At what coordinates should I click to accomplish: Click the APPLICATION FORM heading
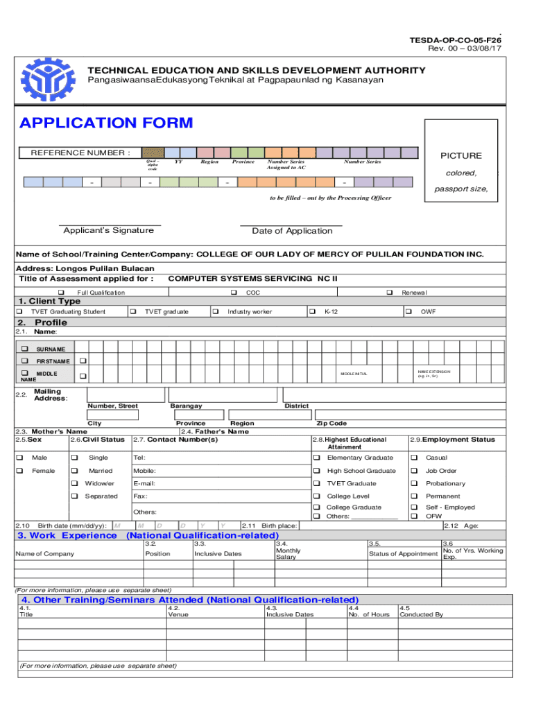tap(106, 123)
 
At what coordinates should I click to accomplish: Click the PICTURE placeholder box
tap(460, 160)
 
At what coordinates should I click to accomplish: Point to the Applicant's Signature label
tap(109, 230)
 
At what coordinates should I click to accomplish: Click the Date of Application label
tap(292, 231)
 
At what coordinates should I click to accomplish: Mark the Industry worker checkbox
tap(216, 312)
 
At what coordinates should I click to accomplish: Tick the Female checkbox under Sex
tap(20, 471)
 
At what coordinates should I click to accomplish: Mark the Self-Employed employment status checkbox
tap(413, 507)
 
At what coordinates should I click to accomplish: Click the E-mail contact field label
tap(144, 483)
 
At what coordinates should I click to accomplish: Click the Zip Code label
tap(331, 423)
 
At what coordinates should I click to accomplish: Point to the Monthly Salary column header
tap(288, 553)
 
